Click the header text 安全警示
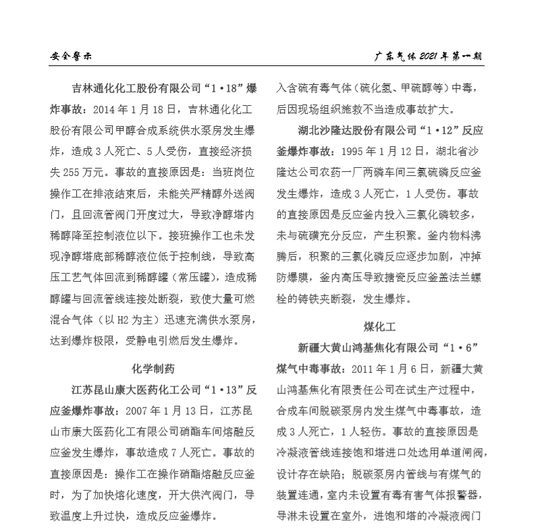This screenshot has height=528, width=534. point(70,56)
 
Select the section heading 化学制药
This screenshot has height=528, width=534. point(153,368)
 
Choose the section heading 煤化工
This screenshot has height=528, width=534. point(380,326)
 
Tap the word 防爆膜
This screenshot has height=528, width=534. point(295,276)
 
